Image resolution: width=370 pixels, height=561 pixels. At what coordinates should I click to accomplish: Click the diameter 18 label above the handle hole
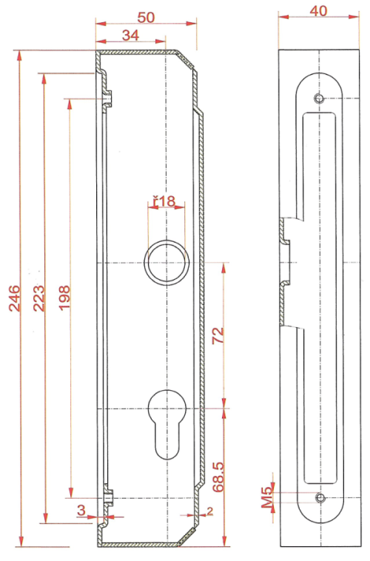click(164, 201)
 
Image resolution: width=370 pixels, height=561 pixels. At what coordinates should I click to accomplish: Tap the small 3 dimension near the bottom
click(81, 509)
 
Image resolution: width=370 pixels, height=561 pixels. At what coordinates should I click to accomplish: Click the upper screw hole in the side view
click(319, 98)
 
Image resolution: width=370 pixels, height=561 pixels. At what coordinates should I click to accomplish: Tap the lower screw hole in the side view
click(319, 497)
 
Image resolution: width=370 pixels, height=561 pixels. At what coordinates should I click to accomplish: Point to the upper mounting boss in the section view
click(108, 96)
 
